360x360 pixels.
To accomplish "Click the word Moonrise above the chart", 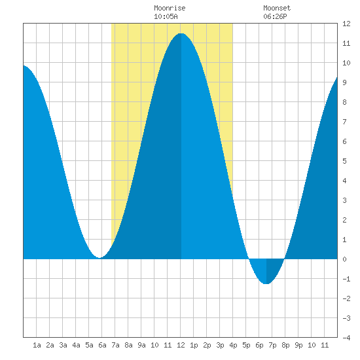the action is tap(170, 8).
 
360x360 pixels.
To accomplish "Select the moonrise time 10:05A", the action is tap(166, 16).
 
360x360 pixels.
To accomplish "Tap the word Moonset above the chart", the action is tap(277, 8).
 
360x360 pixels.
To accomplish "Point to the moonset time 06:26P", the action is tap(275, 16).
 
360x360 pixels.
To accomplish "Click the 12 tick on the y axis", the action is tap(346, 24).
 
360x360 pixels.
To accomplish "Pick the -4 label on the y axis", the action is tap(346, 338).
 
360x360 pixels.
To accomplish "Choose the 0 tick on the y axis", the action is tap(344, 259).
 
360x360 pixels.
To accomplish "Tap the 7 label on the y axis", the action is tap(344, 122).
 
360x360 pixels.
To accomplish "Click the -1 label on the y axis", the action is tap(346, 279).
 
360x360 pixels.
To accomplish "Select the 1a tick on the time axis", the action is tap(37, 345).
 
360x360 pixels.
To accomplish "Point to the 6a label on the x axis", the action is tap(102, 345).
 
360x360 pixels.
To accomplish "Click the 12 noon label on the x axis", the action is tap(181, 345).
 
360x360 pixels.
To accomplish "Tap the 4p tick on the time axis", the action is tap(233, 345).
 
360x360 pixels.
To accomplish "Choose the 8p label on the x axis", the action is tap(285, 345).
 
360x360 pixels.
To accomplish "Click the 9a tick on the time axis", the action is tap(141, 345).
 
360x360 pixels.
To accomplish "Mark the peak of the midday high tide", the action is tap(181, 33).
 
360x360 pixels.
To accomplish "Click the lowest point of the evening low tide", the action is tap(266, 284).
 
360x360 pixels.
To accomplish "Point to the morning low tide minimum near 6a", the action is tap(99, 258).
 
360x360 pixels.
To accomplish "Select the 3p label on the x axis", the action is tap(220, 345).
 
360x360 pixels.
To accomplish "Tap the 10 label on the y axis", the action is tap(346, 63).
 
